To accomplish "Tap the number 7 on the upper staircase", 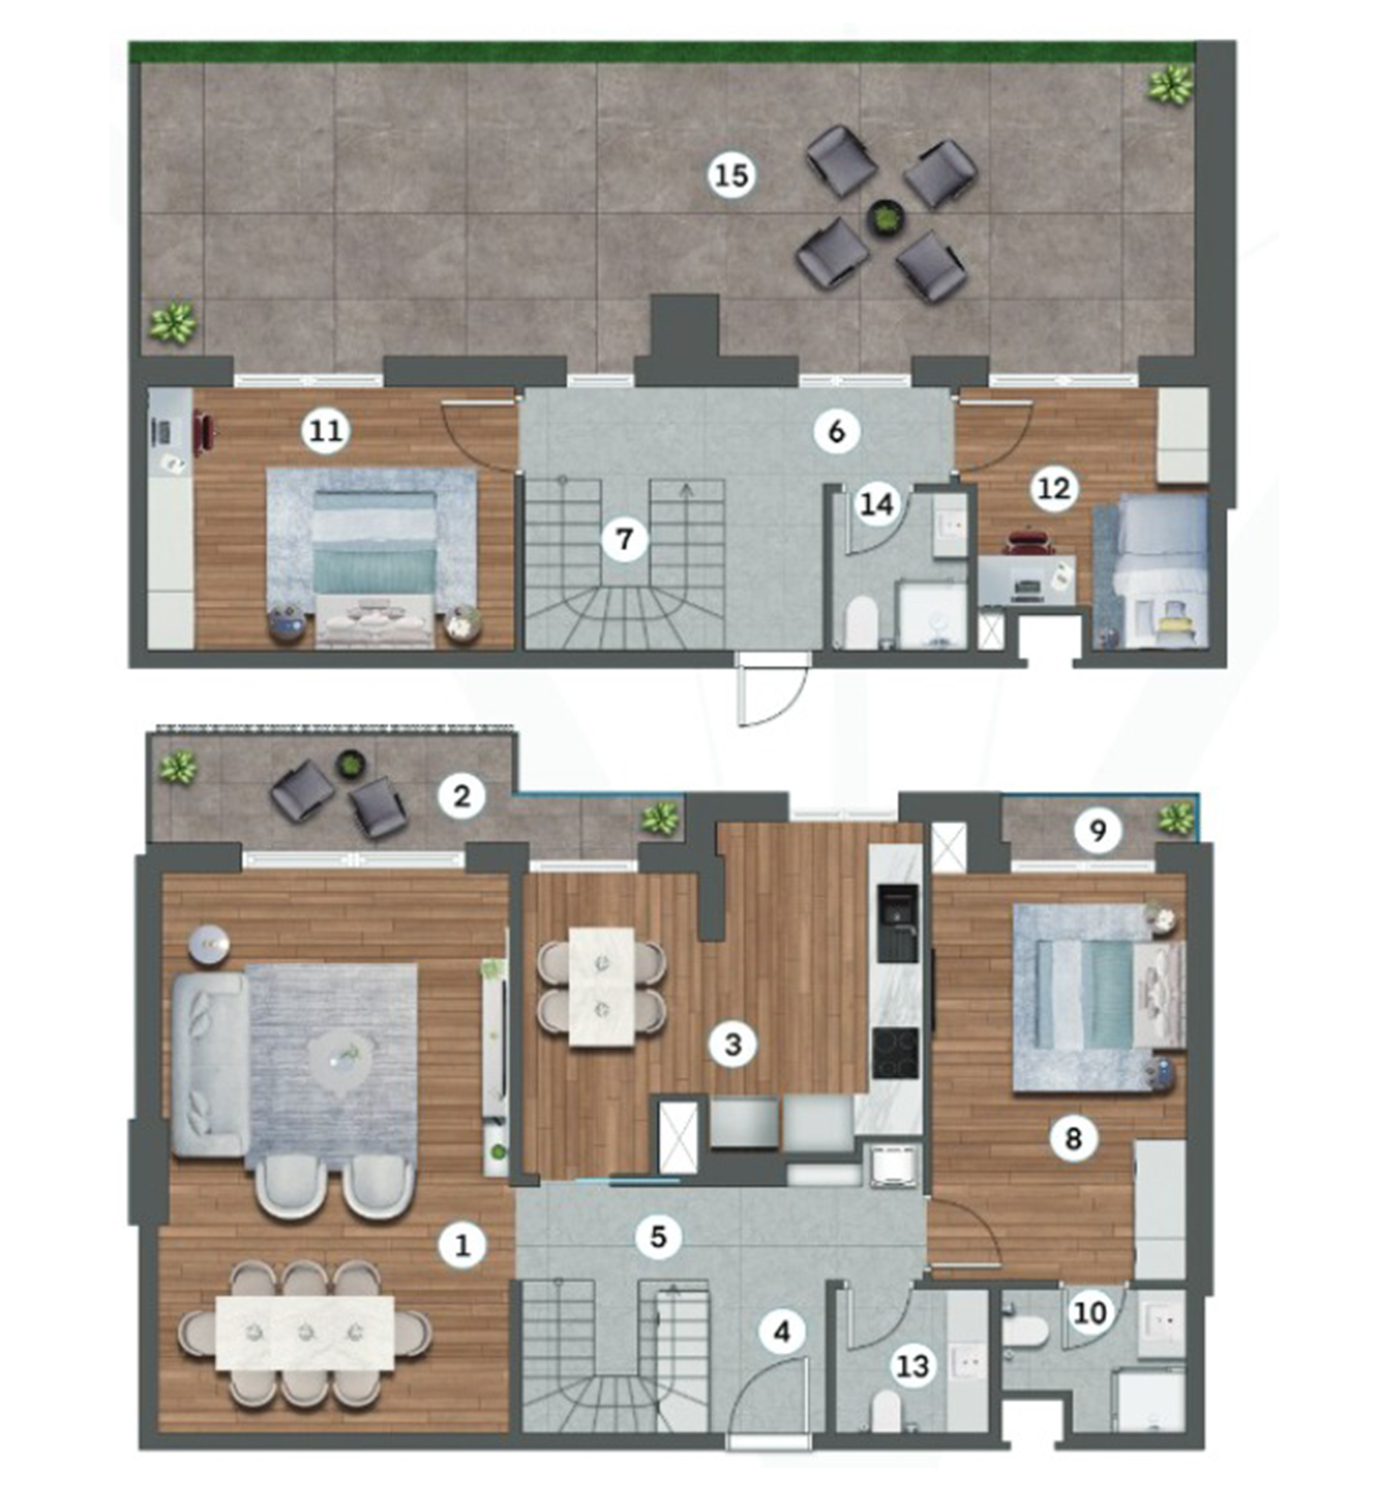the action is click(x=623, y=539).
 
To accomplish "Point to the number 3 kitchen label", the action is click(x=733, y=1043).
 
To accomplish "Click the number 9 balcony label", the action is click(x=1097, y=830).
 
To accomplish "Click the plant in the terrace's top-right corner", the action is click(x=1170, y=83).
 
